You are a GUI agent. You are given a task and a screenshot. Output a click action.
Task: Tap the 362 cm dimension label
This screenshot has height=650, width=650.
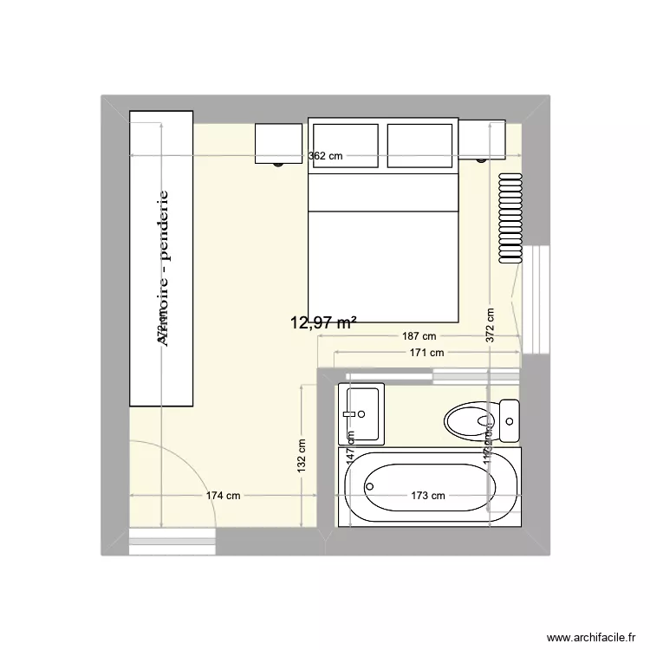325,156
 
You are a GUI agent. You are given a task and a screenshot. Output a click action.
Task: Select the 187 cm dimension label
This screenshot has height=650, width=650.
418,336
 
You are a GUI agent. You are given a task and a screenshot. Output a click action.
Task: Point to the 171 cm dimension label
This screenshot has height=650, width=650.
426,353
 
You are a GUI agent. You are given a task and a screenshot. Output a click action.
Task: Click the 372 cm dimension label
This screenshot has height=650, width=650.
490,326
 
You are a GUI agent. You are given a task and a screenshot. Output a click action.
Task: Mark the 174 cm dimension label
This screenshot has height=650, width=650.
223,496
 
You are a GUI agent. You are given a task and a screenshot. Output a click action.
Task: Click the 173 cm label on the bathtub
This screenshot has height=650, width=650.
427,496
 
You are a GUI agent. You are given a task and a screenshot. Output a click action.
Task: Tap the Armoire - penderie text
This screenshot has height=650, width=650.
162,269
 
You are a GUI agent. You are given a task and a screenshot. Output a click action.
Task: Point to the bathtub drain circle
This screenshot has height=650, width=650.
370,487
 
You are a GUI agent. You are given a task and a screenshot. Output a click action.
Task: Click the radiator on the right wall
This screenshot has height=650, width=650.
510,217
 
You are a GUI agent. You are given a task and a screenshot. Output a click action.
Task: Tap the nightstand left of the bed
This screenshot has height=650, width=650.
278,142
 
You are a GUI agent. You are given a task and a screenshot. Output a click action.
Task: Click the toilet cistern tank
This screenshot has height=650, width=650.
509,421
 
